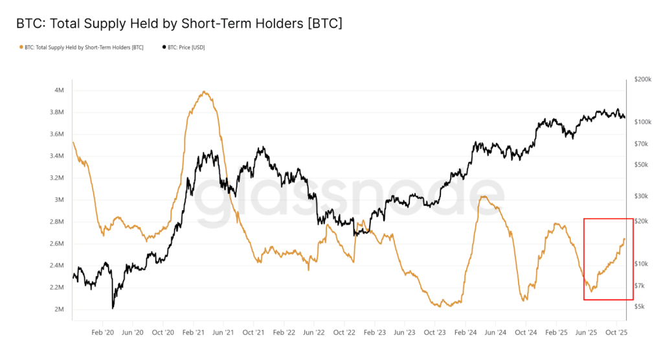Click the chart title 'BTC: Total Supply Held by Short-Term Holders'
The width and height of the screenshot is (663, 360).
pos(179,23)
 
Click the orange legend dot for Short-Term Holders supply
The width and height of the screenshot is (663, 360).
pos(21,47)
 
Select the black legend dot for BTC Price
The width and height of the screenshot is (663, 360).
pos(164,47)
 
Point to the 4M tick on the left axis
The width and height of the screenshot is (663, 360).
pos(58,90)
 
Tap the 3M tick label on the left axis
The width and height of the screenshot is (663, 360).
pos(58,199)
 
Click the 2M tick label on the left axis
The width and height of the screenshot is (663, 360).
pos(58,309)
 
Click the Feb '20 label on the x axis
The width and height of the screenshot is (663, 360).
pos(103,332)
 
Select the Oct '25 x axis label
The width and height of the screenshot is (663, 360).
pos(616,332)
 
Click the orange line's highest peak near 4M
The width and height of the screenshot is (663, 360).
pos(204,92)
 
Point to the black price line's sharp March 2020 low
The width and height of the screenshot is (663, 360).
pos(113,308)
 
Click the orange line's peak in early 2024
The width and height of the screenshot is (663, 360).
pos(482,196)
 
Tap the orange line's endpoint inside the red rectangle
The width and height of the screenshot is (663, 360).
pos(625,238)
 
